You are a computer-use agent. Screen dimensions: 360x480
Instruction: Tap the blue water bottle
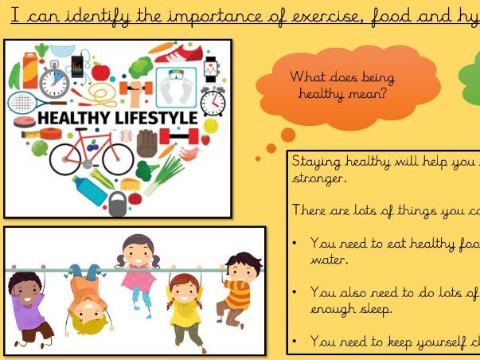(x=88, y=190)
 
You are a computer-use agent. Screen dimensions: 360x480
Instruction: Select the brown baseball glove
(x=147, y=144)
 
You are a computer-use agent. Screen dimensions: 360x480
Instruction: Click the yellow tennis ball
(x=210, y=125)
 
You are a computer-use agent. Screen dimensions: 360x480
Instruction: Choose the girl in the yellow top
(x=185, y=307)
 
